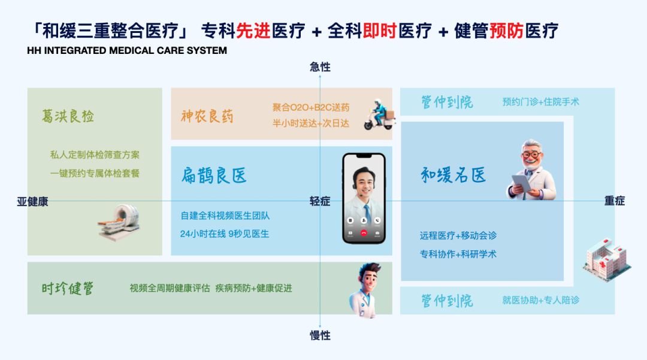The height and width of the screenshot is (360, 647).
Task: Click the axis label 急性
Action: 320,67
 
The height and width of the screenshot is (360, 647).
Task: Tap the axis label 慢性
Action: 320,335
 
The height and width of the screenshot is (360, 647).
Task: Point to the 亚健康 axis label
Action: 32,202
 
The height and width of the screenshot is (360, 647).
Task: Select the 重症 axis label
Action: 615,201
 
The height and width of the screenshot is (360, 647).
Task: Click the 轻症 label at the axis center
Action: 320,201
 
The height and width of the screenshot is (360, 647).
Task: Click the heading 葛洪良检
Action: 68,116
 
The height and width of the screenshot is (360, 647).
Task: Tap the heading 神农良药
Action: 207,116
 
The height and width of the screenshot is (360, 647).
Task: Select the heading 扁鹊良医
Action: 214,176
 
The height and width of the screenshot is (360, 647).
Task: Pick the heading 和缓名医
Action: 453,176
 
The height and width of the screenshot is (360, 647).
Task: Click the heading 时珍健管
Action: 68,288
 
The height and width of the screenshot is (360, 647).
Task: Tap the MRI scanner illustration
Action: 119,222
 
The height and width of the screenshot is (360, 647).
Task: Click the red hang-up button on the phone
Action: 364,233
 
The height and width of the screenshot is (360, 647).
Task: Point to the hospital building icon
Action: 607,260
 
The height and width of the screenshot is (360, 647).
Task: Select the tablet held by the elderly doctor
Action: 521,184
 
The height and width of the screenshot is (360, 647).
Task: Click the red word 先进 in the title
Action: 253,31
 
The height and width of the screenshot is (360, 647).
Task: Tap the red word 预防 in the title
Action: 506,31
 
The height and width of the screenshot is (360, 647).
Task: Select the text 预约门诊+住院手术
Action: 541,102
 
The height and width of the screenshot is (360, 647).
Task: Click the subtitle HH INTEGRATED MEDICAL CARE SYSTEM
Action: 127,50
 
